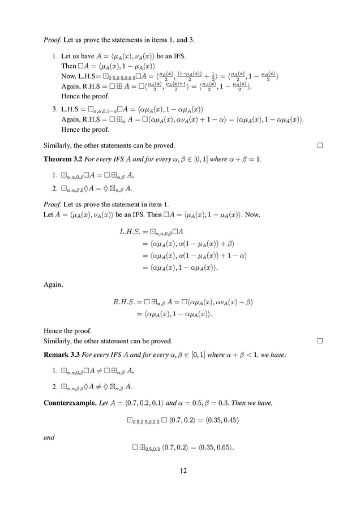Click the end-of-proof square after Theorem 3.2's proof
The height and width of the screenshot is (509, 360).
(320, 341)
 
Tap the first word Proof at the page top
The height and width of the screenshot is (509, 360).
(51, 41)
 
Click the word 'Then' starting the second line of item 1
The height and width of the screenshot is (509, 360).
(68, 66)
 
